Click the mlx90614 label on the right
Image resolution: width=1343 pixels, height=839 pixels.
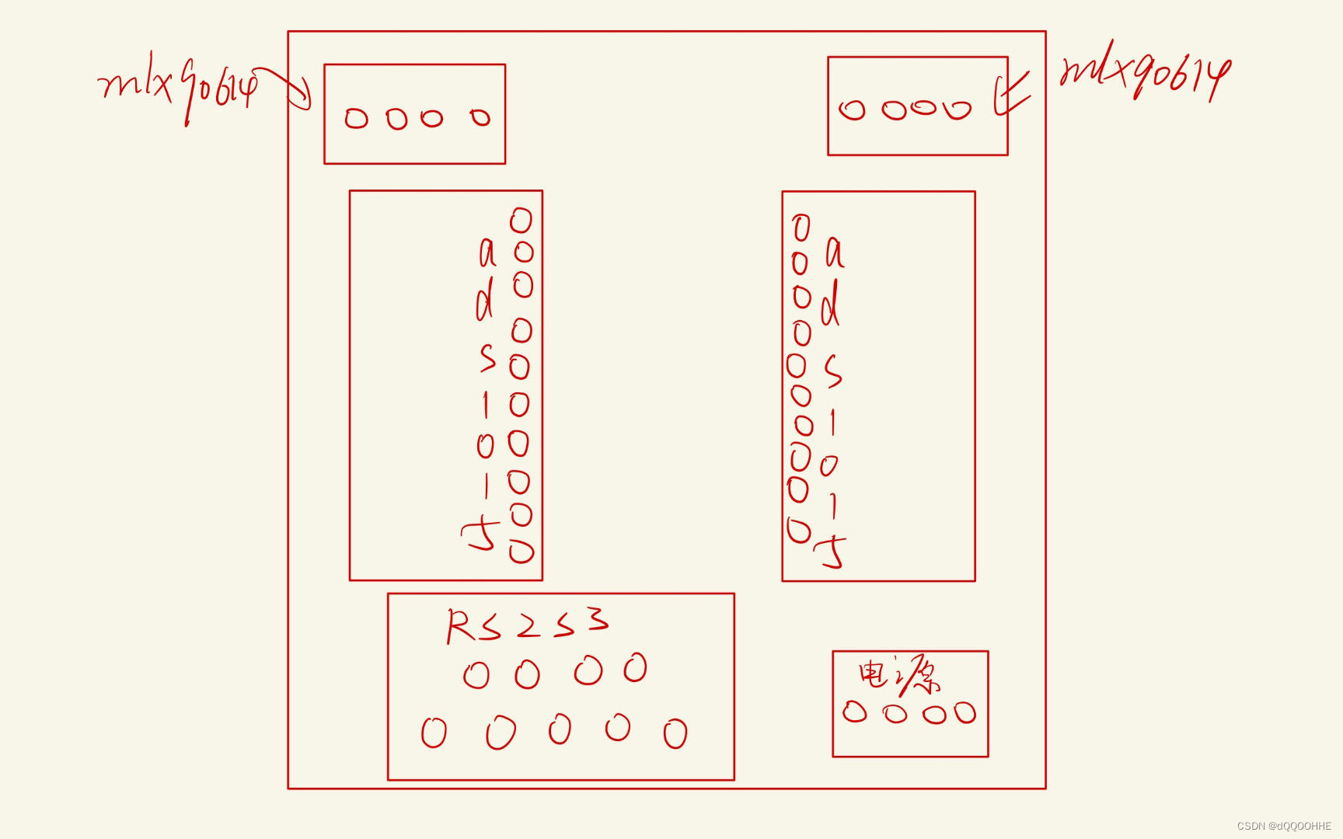pyautogui.click(x=1144, y=72)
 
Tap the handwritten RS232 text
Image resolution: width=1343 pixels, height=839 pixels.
pyautogui.click(x=527, y=624)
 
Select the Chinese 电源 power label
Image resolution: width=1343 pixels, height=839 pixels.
pyautogui.click(x=898, y=676)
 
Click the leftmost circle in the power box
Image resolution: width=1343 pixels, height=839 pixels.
pyautogui.click(x=855, y=712)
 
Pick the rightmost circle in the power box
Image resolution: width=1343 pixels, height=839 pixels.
pyautogui.click(x=965, y=712)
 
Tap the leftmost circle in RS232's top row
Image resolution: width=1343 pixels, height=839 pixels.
pyautogui.click(x=476, y=675)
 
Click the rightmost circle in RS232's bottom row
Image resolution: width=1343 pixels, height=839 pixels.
pyautogui.click(x=675, y=733)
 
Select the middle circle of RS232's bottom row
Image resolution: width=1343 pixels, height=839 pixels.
pyautogui.click(x=560, y=730)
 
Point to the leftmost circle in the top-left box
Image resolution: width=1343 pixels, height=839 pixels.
pyautogui.click(x=356, y=118)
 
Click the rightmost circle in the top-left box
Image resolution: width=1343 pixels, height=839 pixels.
pyautogui.click(x=480, y=117)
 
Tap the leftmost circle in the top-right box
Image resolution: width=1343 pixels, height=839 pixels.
pyautogui.click(x=852, y=110)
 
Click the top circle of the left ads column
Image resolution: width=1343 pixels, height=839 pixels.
pyautogui.click(x=521, y=221)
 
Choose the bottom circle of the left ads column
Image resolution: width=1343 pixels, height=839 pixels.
pyautogui.click(x=522, y=552)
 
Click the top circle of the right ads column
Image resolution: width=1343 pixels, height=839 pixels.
pyautogui.click(x=801, y=228)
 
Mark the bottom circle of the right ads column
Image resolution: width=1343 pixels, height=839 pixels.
pyautogui.click(x=799, y=531)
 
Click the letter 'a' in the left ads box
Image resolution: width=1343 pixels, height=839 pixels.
pyautogui.click(x=487, y=252)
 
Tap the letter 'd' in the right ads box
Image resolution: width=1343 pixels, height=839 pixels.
pyautogui.click(x=831, y=304)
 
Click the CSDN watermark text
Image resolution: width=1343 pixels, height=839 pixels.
pyautogui.click(x=1284, y=826)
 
